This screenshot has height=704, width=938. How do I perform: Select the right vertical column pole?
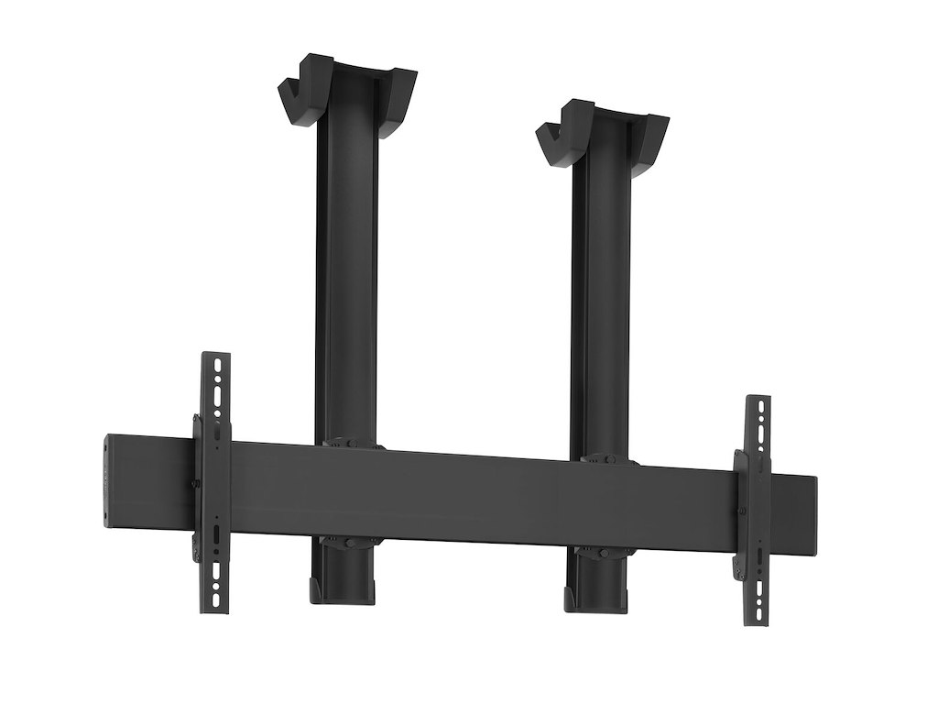point(600,293)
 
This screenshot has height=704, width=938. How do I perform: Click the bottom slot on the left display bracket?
point(216,597)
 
